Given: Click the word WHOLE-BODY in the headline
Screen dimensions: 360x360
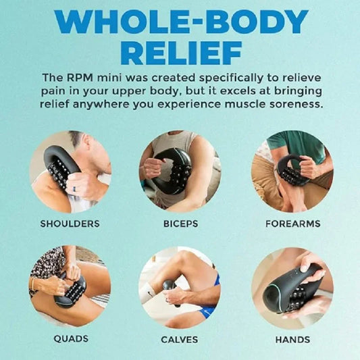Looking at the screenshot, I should (180, 22).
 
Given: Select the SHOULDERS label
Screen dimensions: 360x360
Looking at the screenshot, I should (70, 223).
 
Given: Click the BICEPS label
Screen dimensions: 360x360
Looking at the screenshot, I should (179, 223).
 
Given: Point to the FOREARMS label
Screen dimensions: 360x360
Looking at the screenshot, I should (292, 223).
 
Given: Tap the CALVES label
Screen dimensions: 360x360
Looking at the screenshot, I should (179, 339).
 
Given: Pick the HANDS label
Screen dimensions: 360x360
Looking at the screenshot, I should (292, 339).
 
